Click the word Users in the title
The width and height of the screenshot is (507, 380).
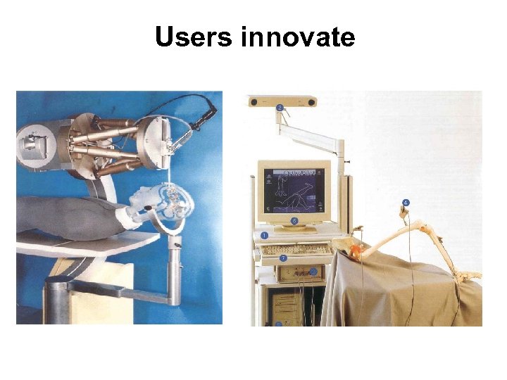[x=194, y=37]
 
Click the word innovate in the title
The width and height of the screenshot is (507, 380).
[x=297, y=37]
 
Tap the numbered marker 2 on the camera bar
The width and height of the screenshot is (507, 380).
[x=280, y=108]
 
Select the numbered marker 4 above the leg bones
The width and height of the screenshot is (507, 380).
[x=405, y=203]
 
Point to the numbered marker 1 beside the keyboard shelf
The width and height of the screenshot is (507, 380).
[x=264, y=234]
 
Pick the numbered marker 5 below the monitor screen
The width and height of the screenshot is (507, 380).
[x=294, y=220]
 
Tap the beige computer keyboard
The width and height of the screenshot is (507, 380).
[x=296, y=248]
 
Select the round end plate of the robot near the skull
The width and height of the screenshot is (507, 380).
[x=156, y=141]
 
